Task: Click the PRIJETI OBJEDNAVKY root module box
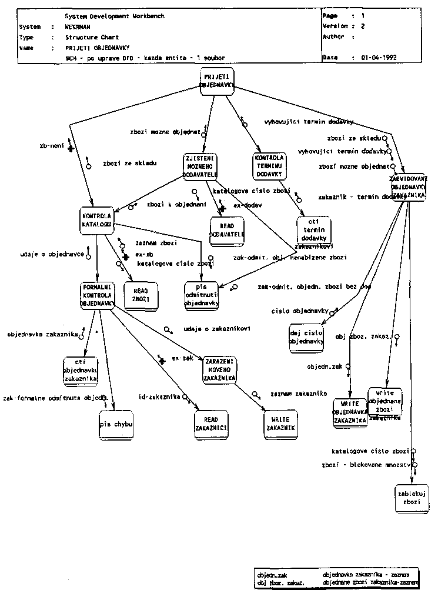(217, 81)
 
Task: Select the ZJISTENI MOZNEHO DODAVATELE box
(199, 166)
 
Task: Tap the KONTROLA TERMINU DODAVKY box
(270, 166)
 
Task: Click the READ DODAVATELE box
(228, 231)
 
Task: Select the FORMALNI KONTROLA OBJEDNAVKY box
(98, 295)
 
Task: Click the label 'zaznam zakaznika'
(298, 393)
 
